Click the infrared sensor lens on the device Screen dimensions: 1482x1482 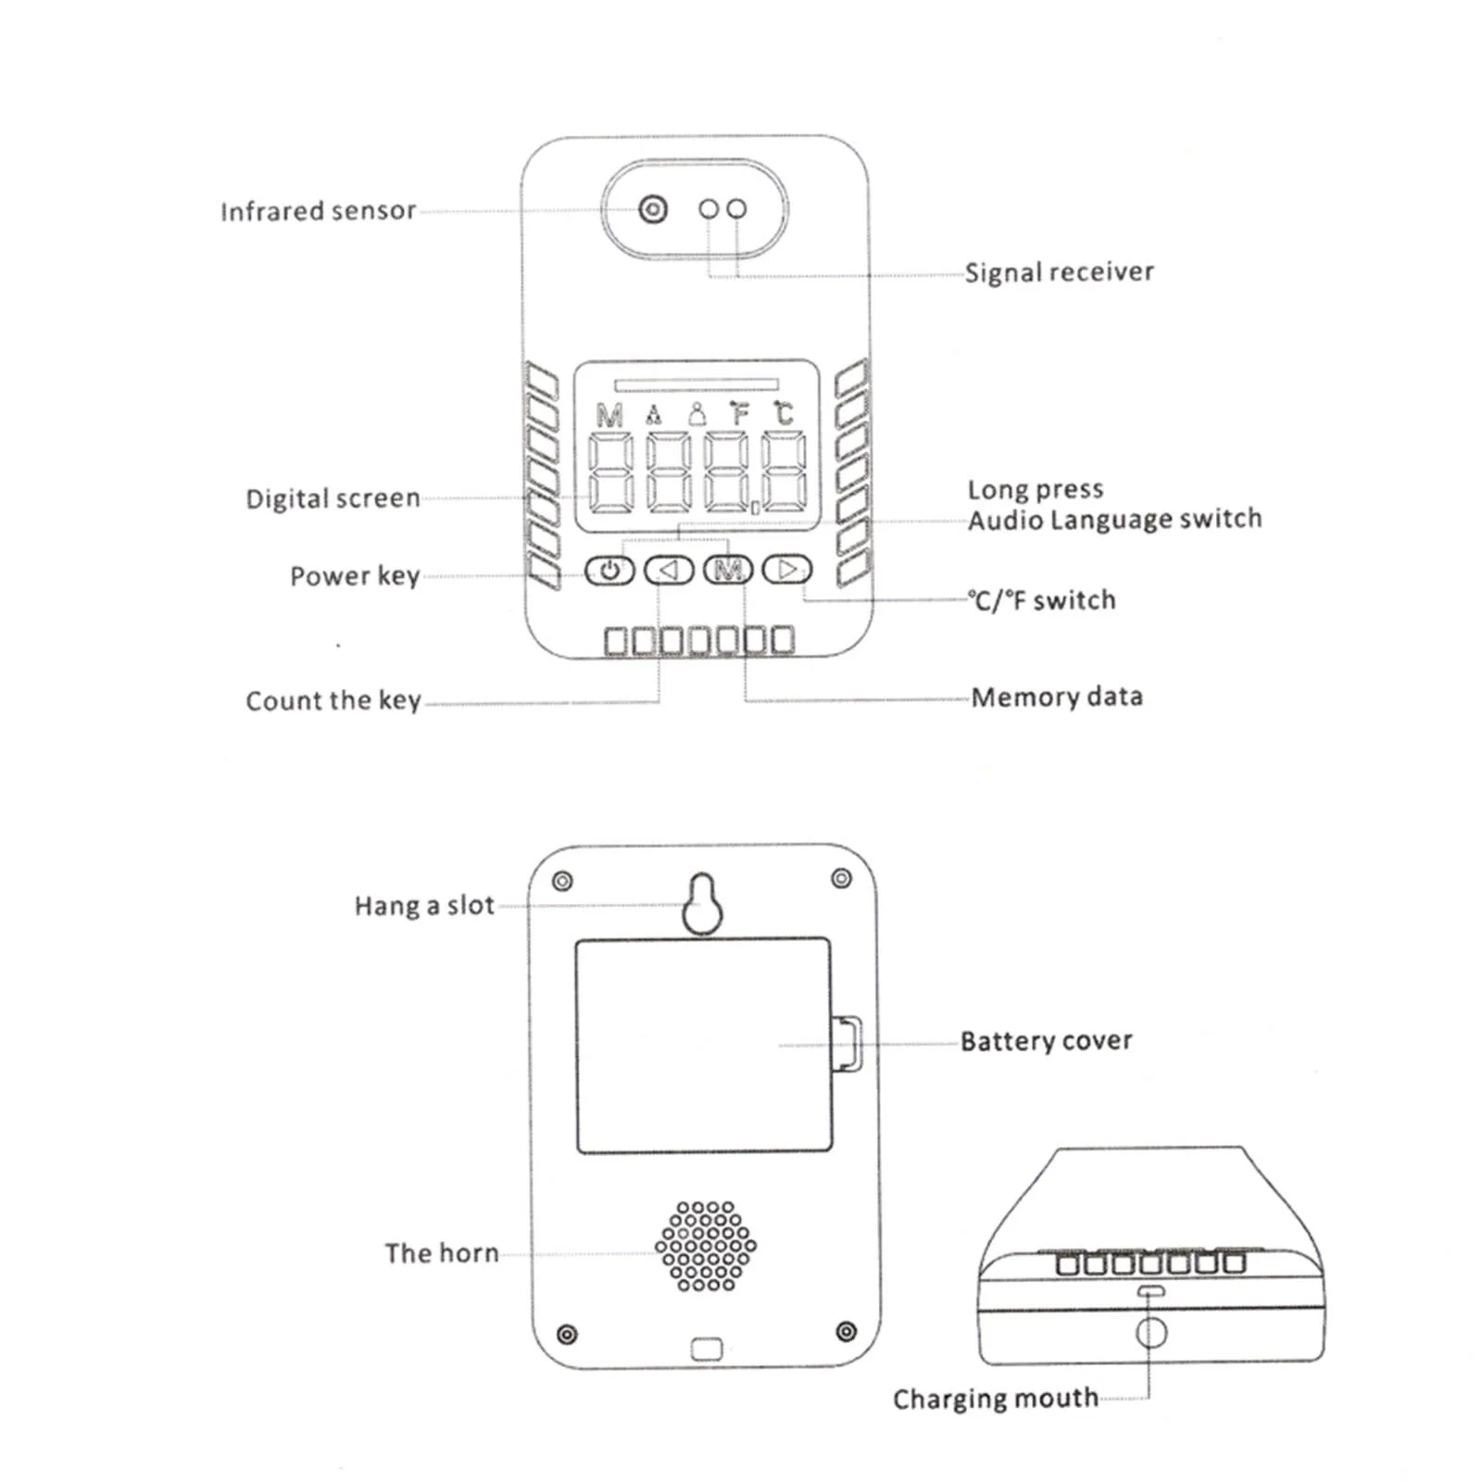[653, 209]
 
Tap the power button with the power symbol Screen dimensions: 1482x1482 [609, 570]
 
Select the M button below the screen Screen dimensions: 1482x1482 [729, 570]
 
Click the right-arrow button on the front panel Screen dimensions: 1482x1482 [787, 570]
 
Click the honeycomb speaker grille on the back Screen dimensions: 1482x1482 [706, 1246]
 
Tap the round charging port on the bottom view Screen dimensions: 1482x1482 [1150, 1333]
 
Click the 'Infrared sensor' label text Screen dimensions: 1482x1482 [318, 212]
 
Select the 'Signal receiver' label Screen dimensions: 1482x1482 [1059, 272]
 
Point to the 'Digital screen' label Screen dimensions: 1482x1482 [333, 499]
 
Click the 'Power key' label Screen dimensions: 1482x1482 [355, 576]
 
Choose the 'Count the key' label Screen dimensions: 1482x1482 [333, 701]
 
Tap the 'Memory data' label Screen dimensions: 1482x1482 [1057, 697]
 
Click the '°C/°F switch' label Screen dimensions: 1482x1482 [1042, 601]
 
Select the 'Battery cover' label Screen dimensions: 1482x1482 [1046, 1042]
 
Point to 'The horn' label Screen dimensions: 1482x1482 [442, 1254]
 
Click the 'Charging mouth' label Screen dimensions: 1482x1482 [996, 1399]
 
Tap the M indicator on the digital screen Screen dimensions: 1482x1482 [609, 415]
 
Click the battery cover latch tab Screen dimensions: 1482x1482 [848, 1044]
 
